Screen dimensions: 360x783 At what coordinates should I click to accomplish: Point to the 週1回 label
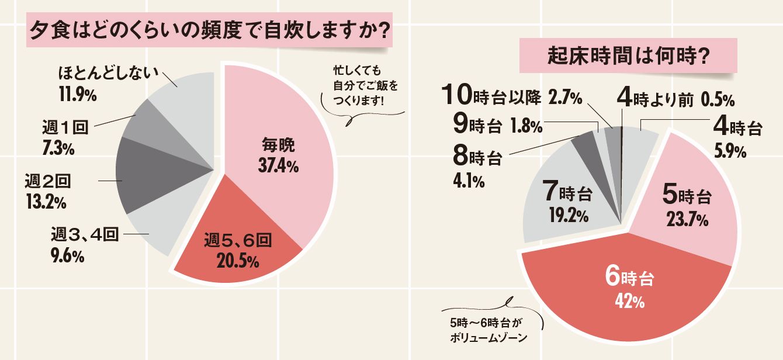[x=64, y=129]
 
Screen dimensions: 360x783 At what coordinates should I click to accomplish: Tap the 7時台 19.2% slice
[x=567, y=205]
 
